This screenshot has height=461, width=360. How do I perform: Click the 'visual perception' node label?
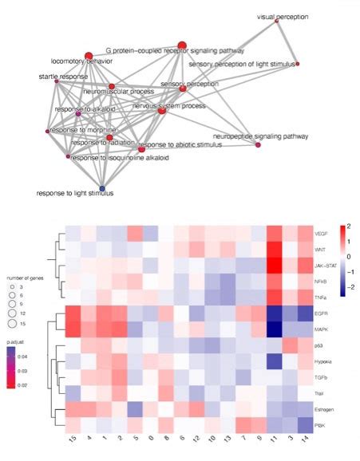(x=283, y=16)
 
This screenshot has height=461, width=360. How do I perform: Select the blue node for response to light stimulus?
(x=101, y=187)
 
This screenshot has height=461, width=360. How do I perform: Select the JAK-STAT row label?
(x=322, y=264)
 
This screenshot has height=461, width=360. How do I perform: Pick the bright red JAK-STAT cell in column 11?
(x=274, y=264)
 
